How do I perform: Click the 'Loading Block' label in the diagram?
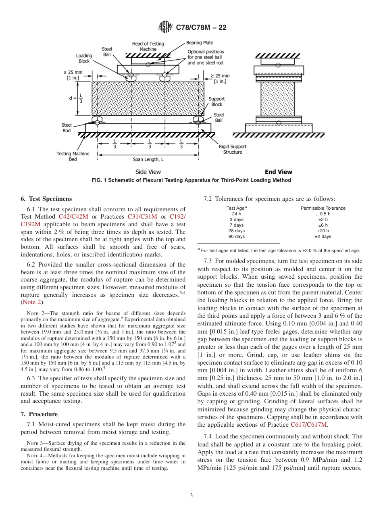pos(84,58)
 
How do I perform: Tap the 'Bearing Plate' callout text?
pos(200,43)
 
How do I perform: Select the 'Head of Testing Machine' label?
pos(148,46)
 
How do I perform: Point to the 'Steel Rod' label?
pos(67,128)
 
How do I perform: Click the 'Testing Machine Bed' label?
pos(73,156)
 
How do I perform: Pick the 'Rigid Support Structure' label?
pos(233,149)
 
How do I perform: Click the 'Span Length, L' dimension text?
pos(148,159)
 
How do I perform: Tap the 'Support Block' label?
pos(217,102)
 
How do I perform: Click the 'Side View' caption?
pos(148,172)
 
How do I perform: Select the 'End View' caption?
pos(278,172)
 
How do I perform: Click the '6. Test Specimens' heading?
pos(46,199)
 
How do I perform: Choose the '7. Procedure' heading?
pos(39,414)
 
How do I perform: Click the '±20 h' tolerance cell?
pos(323,231)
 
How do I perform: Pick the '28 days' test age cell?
pos(237,231)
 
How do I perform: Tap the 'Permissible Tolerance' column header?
pos(323,208)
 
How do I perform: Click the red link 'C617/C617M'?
pos(309,425)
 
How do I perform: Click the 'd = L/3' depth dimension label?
pos(76,98)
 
